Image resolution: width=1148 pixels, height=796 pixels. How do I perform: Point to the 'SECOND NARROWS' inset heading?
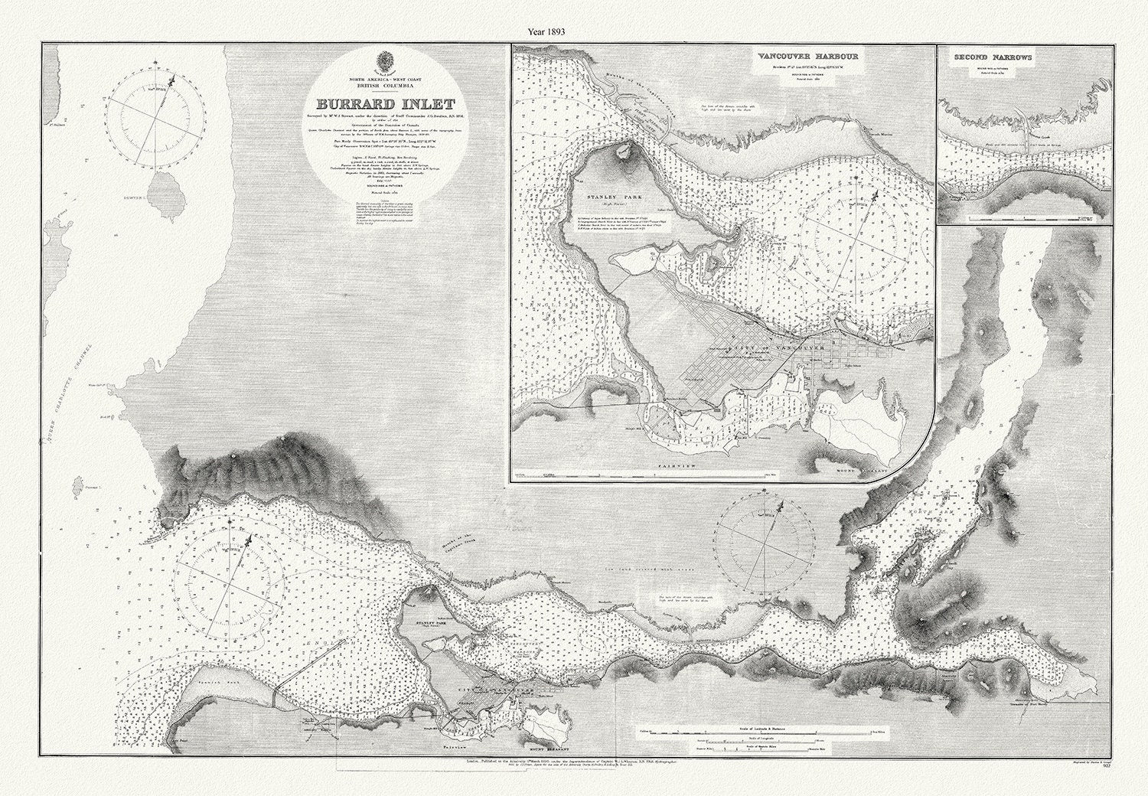(x=993, y=57)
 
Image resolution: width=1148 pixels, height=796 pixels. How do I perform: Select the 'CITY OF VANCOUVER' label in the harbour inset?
(x=773, y=349)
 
